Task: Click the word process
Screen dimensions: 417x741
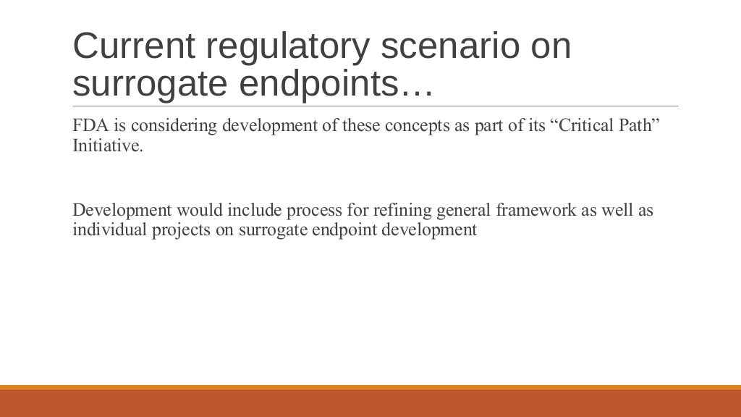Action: pyautogui.click(x=313, y=211)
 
